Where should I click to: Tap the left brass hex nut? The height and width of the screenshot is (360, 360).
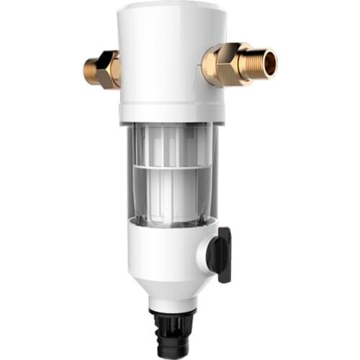click(x=109, y=68)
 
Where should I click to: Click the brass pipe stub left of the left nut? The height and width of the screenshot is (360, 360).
click(x=91, y=69)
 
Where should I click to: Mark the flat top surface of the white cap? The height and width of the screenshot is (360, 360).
click(x=166, y=9)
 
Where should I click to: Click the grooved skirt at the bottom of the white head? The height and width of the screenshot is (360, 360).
click(x=166, y=114)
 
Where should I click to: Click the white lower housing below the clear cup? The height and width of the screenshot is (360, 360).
click(x=158, y=248)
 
